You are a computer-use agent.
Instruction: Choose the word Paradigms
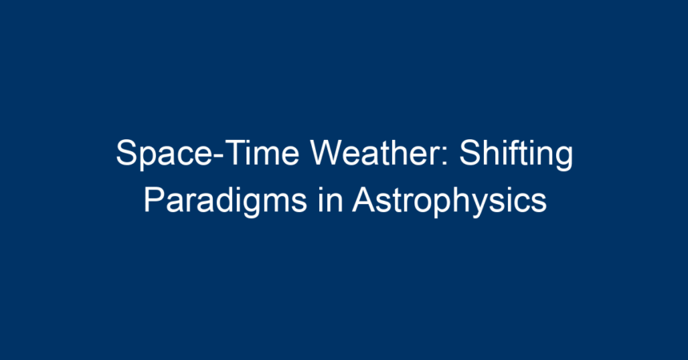coord(225,202)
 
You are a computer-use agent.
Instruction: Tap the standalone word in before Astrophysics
coord(329,200)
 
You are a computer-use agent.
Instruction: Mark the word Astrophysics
coord(450,202)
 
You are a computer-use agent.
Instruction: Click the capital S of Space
coord(127,153)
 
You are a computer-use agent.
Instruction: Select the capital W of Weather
coord(326,153)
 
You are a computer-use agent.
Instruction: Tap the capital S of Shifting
coord(470,153)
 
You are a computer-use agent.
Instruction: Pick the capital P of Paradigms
coord(154,200)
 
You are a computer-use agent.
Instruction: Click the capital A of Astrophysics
coord(365,200)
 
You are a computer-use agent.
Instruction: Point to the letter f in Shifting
coord(514,152)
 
